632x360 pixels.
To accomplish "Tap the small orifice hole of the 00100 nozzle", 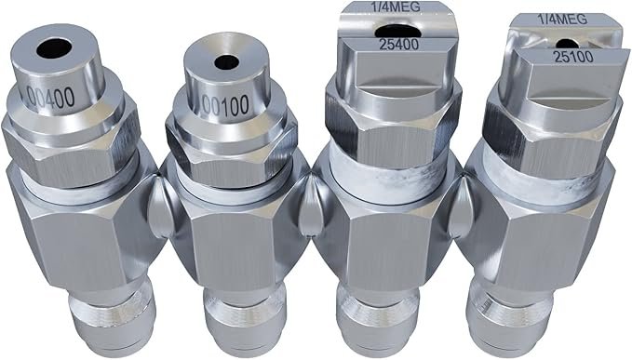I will (223, 63).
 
